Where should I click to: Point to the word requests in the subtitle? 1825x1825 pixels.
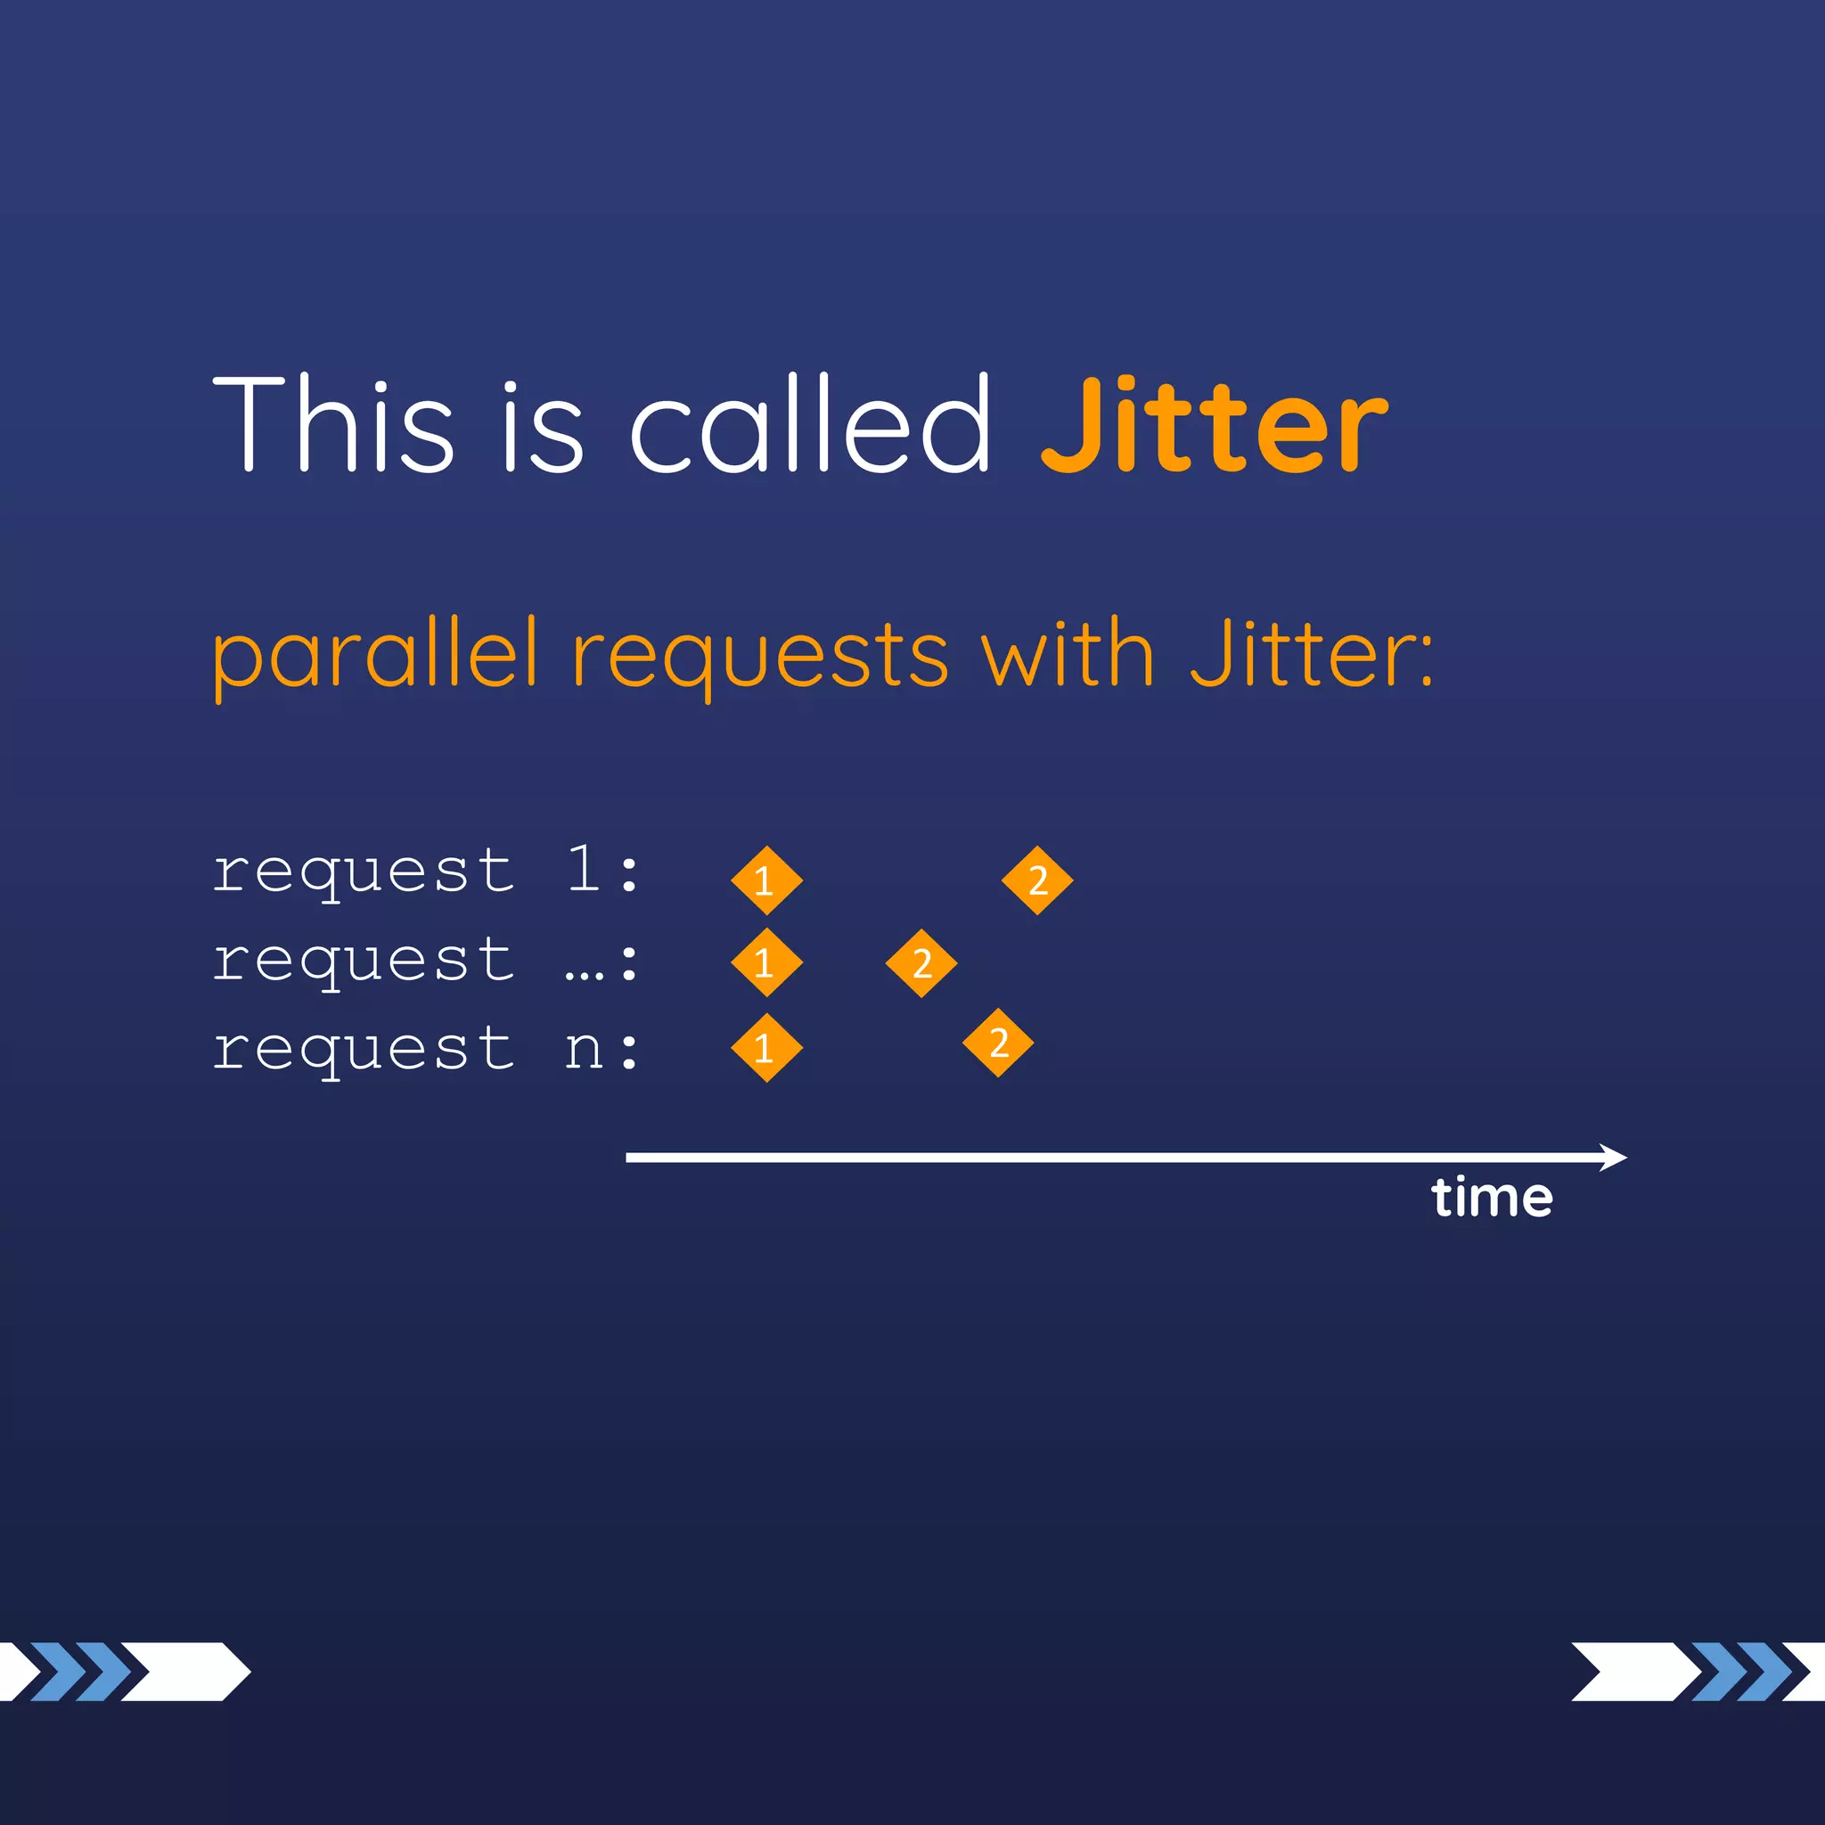759,656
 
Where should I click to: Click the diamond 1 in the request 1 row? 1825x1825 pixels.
766,880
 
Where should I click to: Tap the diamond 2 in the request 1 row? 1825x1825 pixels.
1037,880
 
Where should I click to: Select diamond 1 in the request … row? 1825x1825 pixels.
766,962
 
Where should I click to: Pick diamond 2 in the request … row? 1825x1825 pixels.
921,962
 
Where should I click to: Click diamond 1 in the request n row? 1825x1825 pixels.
766,1048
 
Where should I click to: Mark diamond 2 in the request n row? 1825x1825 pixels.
997,1043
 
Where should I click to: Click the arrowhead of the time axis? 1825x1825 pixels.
1614,1158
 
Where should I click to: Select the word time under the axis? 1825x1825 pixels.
1492,1198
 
